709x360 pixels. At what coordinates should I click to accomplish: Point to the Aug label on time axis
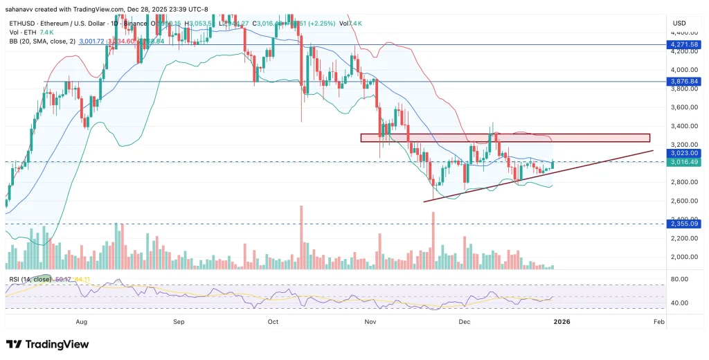81,322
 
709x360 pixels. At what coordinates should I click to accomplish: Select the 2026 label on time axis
562,322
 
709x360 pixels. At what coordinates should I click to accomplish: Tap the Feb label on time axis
658,322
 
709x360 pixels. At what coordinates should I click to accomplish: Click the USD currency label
679,23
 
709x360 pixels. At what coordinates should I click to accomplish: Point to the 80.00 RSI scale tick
679,280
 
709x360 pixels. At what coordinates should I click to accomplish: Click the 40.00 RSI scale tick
679,303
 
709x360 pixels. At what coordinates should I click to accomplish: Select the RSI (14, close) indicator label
28,279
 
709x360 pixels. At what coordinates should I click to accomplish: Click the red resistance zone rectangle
505,138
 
